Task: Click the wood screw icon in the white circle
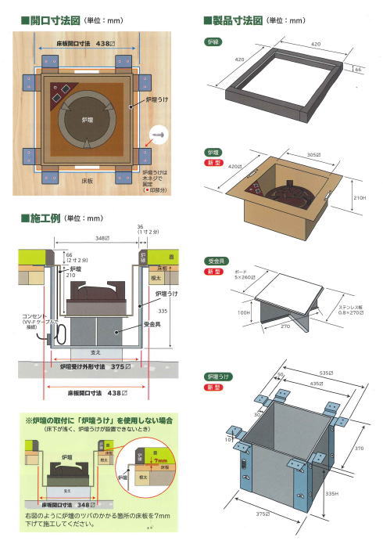tap(161, 135)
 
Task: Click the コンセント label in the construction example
tap(33, 315)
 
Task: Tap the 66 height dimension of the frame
tap(359, 70)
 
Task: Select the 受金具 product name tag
tap(213, 258)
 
